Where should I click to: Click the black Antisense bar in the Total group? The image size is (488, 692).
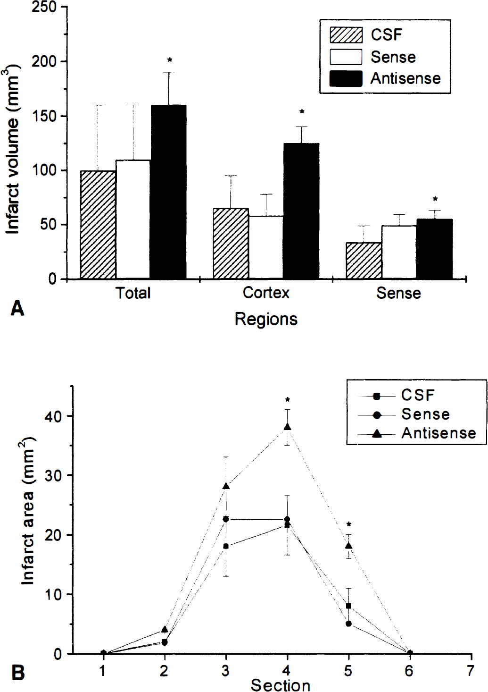168,192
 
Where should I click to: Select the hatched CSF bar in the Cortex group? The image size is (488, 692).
231,244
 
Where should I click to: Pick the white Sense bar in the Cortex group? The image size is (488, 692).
266,247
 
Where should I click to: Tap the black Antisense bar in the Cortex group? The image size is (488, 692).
301,211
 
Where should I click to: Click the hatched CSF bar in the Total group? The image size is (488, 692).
98,225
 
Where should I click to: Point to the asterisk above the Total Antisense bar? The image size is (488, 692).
169,60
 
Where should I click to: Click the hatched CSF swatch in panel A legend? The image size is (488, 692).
346,35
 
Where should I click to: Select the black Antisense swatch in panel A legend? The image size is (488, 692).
346,78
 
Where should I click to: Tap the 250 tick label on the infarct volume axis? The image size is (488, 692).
44,7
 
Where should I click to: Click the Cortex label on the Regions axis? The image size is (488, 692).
266,293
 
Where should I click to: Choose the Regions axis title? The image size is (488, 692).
266,319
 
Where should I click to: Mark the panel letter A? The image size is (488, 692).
17,309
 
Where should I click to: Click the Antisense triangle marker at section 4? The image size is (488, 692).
287,427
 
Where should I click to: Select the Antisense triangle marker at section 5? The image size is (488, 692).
349,546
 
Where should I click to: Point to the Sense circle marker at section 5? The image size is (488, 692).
349,624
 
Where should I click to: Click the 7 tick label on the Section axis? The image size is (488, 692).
470,671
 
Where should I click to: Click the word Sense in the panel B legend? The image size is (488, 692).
425,414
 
